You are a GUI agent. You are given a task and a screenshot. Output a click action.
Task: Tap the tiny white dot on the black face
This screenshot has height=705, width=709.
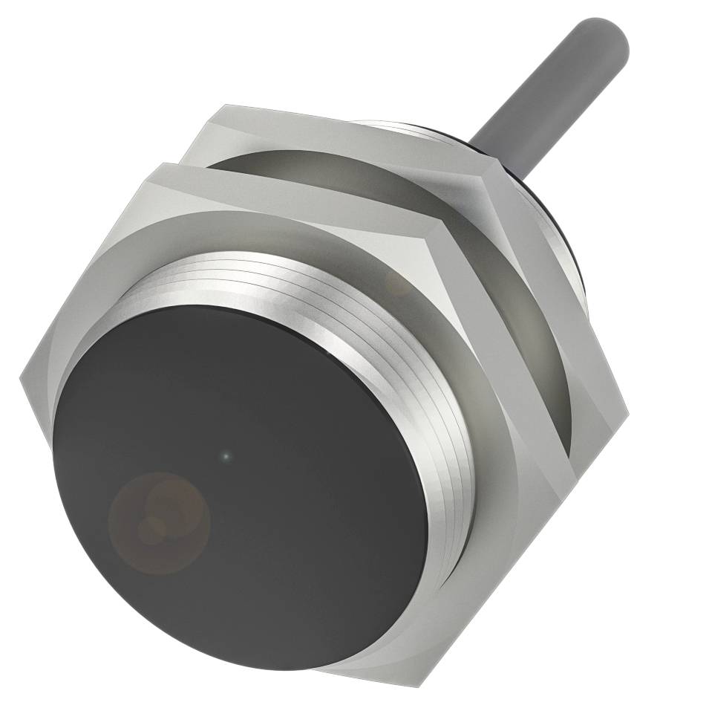point(226,456)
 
